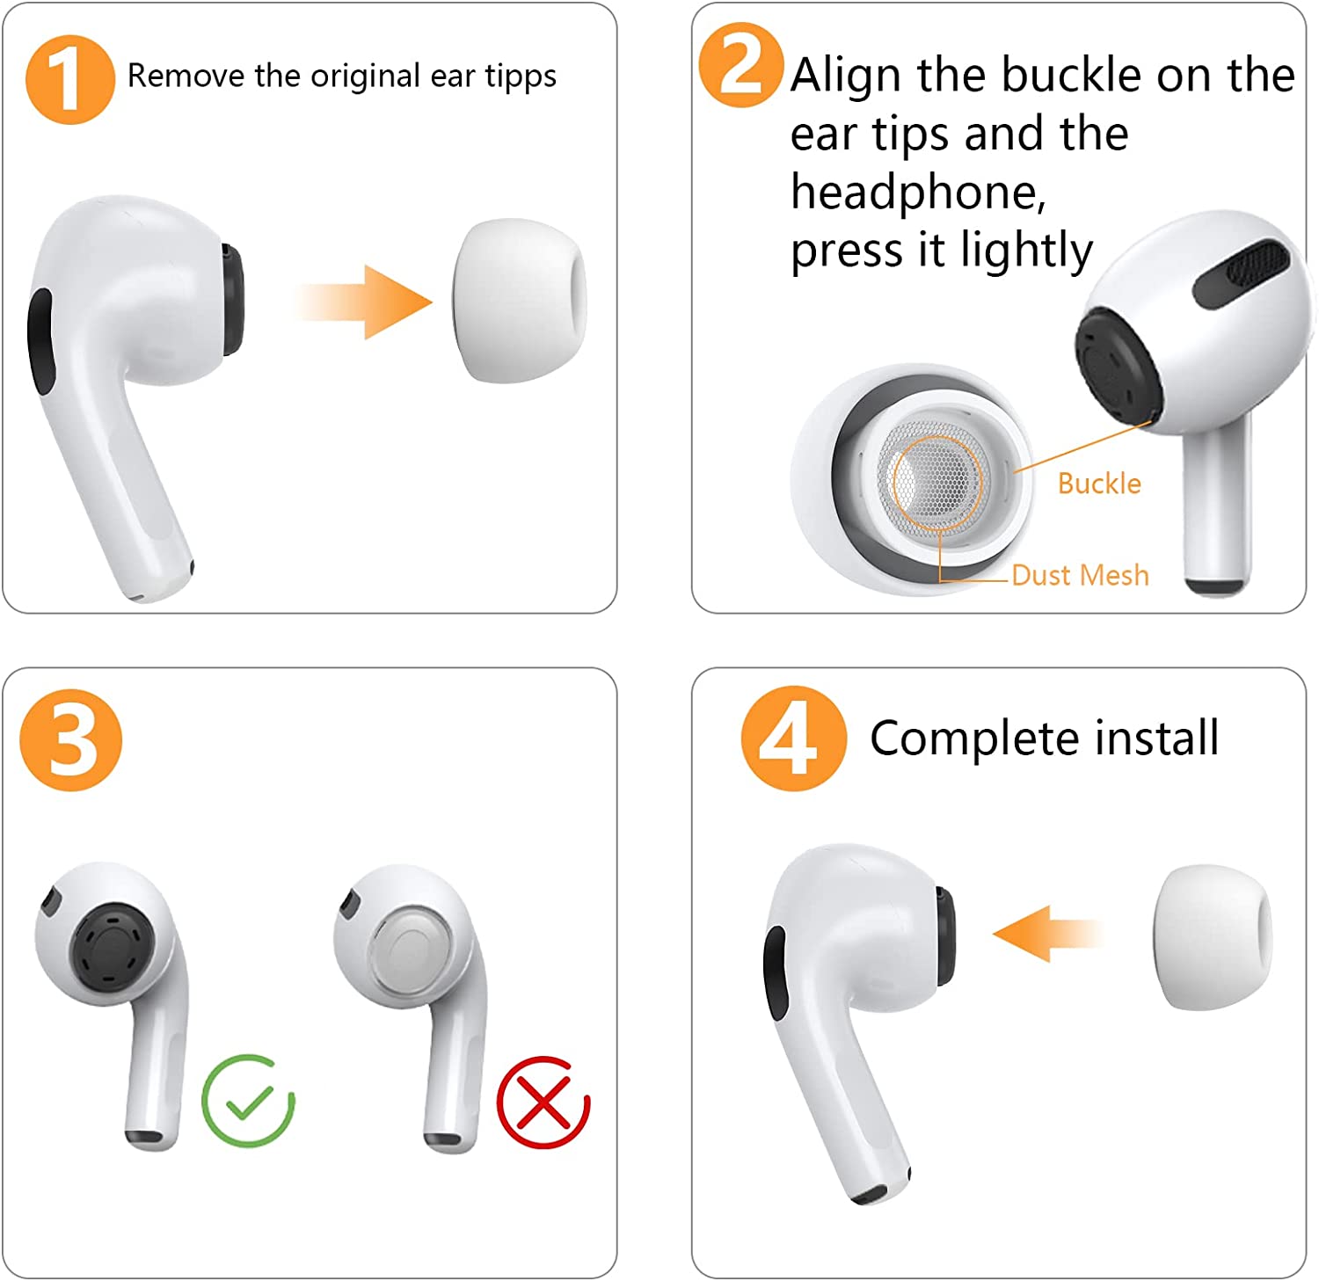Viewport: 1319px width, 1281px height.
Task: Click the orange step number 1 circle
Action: pos(69,79)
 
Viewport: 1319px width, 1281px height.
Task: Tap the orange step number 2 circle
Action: pos(740,65)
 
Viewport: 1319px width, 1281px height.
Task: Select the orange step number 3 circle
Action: pos(71,739)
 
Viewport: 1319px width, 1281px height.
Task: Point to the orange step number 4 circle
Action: pos(793,739)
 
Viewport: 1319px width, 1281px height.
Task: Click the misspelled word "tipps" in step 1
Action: pos(521,77)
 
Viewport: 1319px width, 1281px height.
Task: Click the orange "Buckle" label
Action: pos(1099,484)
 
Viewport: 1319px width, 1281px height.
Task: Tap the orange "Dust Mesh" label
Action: pos(1081,575)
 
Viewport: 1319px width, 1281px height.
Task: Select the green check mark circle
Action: pos(248,1100)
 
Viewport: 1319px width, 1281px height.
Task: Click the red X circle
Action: pos(543,1103)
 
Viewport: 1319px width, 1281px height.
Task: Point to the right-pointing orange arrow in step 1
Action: pos(364,302)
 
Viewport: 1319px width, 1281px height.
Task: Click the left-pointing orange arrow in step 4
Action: pos(1046,933)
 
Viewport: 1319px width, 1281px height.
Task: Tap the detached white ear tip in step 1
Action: pos(520,301)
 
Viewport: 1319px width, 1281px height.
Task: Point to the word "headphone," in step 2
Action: pos(918,193)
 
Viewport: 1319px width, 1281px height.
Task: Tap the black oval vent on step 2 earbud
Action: pos(1242,274)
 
